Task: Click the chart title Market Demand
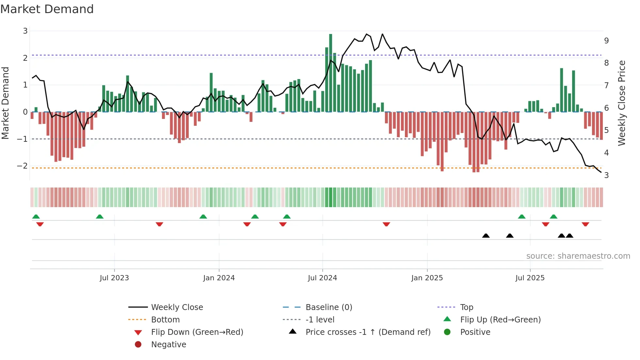(x=47, y=9)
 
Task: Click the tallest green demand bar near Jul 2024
(x=330, y=73)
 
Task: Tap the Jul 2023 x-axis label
(x=114, y=278)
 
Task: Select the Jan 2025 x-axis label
(x=427, y=278)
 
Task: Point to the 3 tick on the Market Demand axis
(x=25, y=31)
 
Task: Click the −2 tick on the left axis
(x=22, y=166)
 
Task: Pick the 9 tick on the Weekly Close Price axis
(x=606, y=41)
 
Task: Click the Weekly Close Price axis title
(x=622, y=103)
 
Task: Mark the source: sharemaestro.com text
(x=578, y=256)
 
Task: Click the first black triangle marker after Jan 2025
(x=486, y=236)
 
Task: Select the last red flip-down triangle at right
(x=585, y=224)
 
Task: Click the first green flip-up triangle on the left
(x=36, y=217)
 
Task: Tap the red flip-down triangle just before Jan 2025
(x=386, y=224)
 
